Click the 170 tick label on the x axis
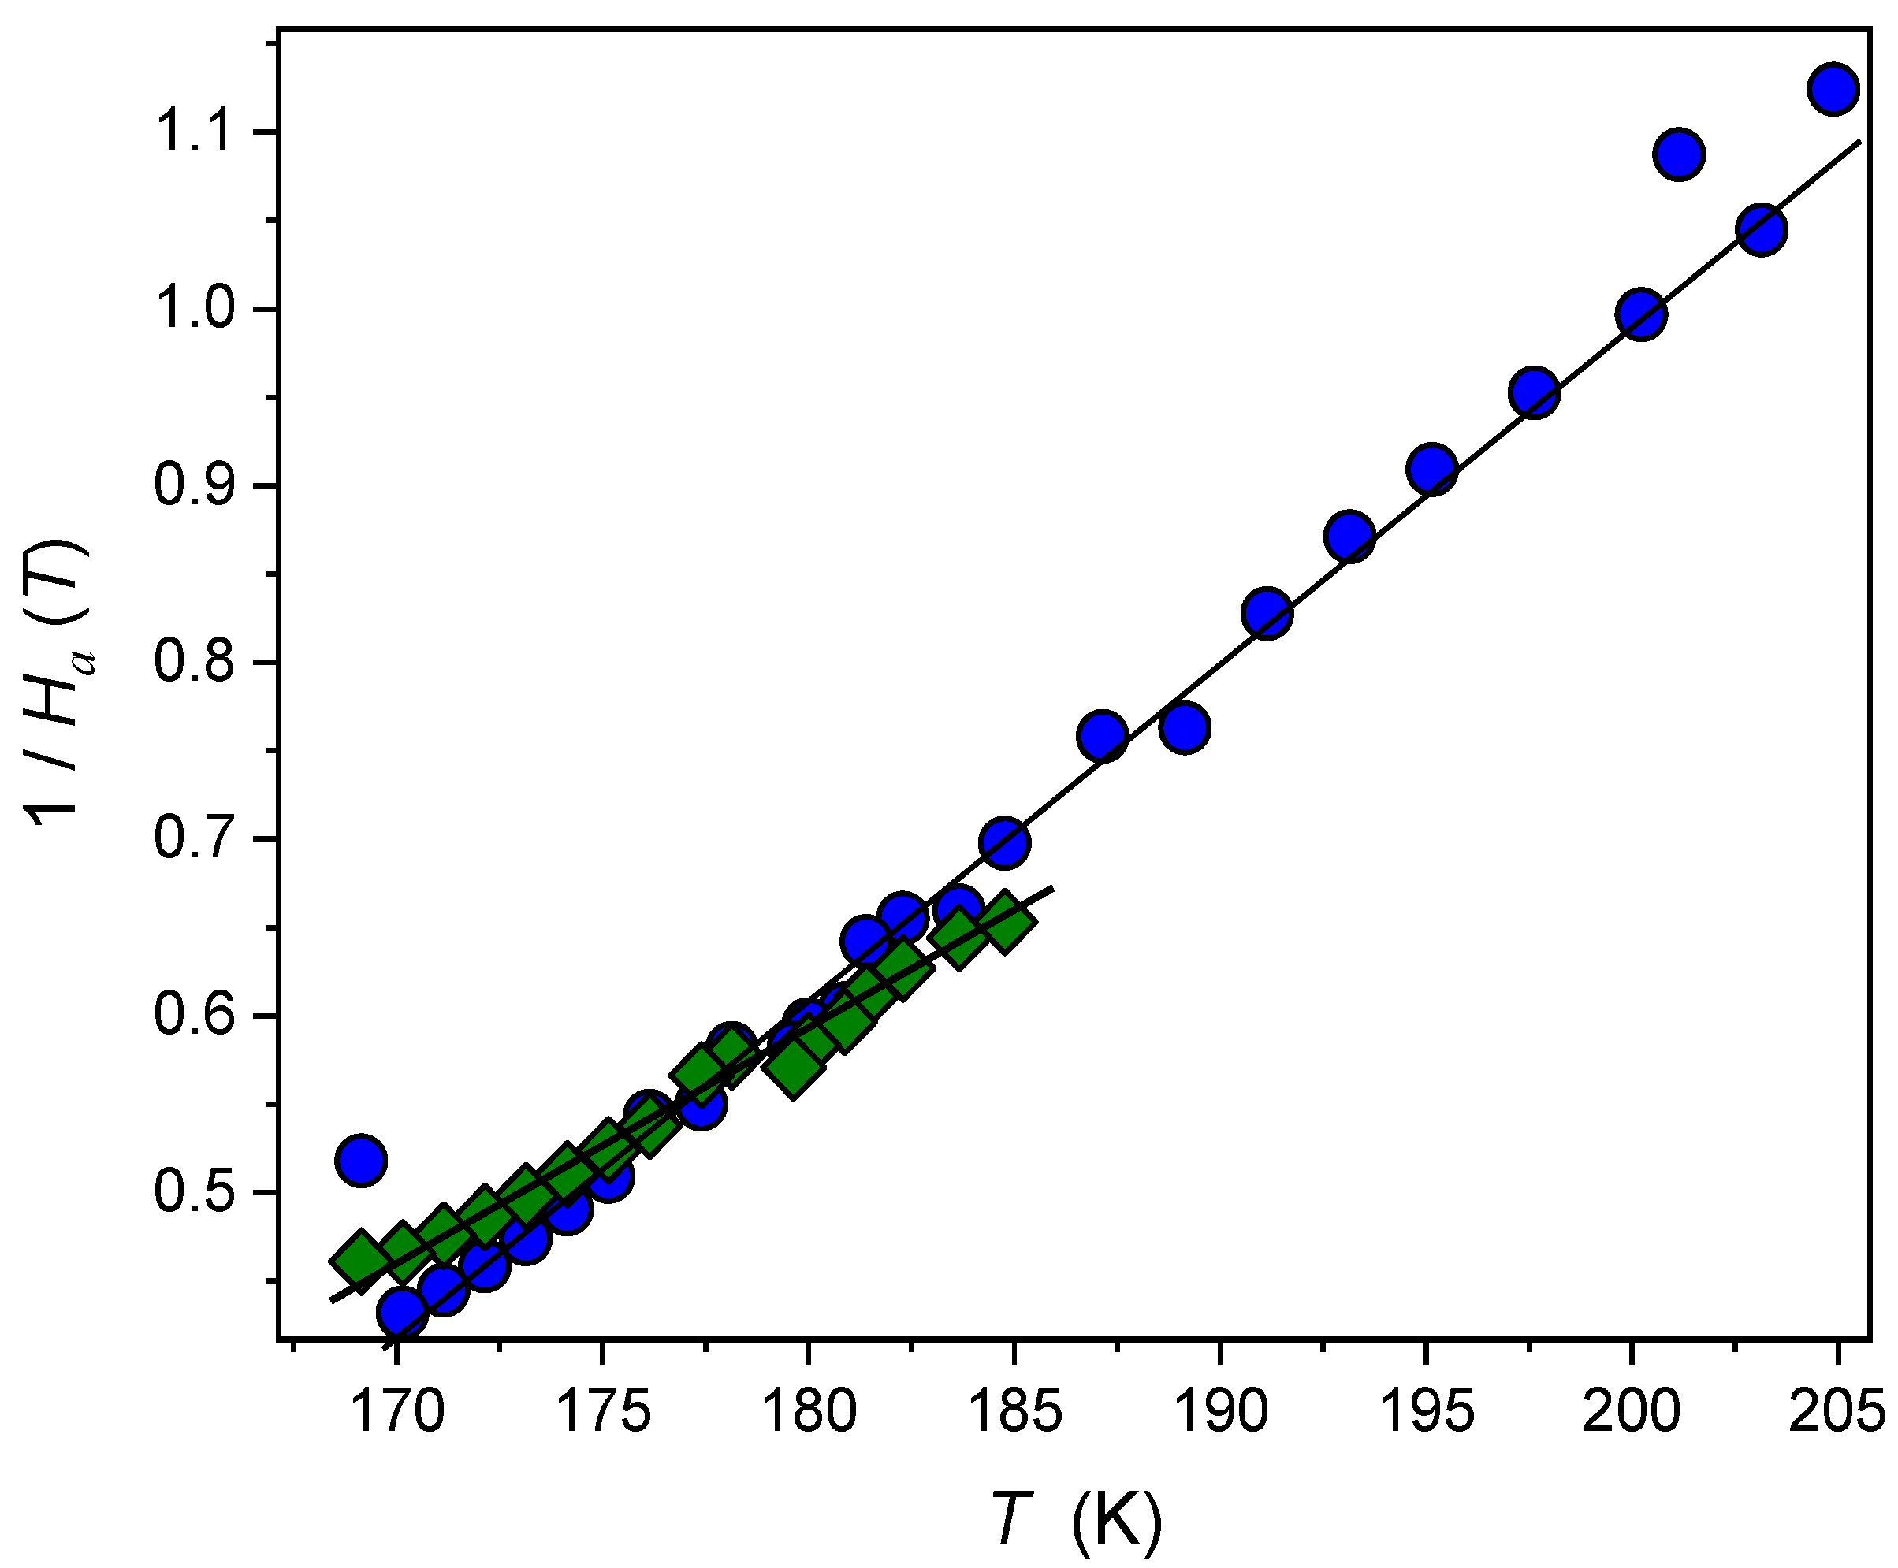click(x=396, y=1412)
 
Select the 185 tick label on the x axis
click(x=1014, y=1412)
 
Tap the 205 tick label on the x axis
click(x=1837, y=1412)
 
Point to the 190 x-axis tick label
click(x=1219, y=1412)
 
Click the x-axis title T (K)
click(x=1075, y=1521)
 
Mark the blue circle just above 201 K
click(x=1678, y=154)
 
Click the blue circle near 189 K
click(x=1185, y=728)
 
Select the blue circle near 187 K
click(x=1101, y=735)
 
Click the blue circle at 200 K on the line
click(x=1642, y=314)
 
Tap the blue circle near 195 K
click(x=1431, y=469)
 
